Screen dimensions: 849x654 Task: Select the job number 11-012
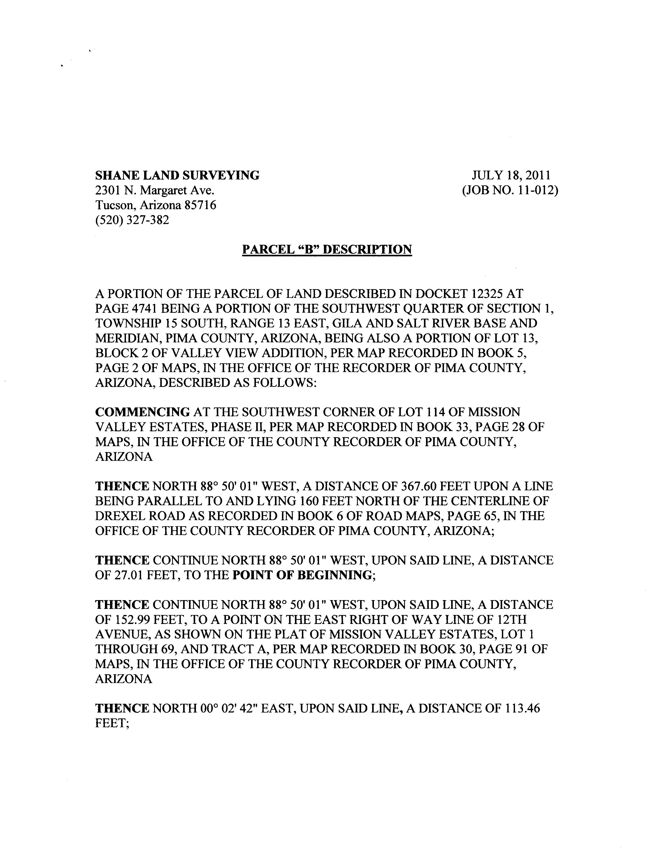(x=537, y=190)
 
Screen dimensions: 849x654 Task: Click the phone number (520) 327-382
(x=132, y=220)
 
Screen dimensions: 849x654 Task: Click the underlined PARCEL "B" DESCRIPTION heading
(x=327, y=249)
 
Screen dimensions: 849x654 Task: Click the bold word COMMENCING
(x=143, y=412)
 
